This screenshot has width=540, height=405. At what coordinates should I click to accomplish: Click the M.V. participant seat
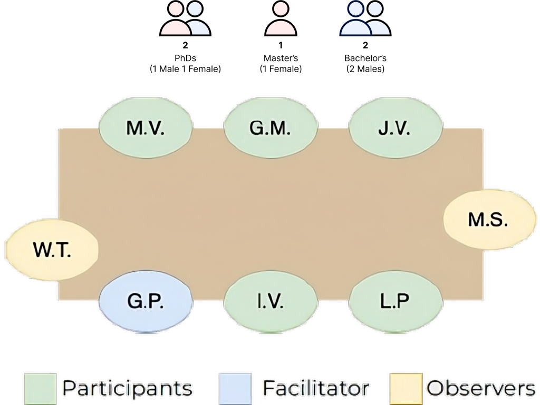coord(146,128)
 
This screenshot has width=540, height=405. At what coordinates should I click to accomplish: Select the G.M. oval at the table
coord(270,128)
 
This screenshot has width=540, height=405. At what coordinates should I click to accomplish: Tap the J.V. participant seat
coord(395,128)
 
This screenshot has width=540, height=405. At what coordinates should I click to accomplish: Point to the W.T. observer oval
coord(52,250)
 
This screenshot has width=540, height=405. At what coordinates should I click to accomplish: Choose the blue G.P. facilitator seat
coord(146,302)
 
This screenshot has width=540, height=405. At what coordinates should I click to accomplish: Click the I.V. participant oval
coord(270,302)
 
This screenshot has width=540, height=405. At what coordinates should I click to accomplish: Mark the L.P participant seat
coord(395,302)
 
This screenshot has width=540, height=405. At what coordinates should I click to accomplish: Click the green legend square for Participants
coord(40,389)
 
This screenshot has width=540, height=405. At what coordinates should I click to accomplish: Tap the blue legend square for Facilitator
coord(233,389)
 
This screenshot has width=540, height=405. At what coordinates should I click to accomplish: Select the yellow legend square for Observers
coord(406,389)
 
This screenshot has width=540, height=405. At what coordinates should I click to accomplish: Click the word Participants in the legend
coord(127,389)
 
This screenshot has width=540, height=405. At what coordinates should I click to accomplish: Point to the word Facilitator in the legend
coord(315,389)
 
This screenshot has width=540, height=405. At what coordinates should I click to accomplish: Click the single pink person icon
coord(281,19)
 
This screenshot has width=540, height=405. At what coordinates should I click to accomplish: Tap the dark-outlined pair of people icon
coord(365,19)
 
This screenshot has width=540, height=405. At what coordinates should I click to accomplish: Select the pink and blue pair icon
coord(185,19)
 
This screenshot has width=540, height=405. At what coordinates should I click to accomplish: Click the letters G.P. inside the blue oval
coord(146,302)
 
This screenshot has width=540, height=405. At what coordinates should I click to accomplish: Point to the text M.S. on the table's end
coord(488,220)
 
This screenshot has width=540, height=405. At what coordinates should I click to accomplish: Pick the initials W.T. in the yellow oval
coord(52,250)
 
